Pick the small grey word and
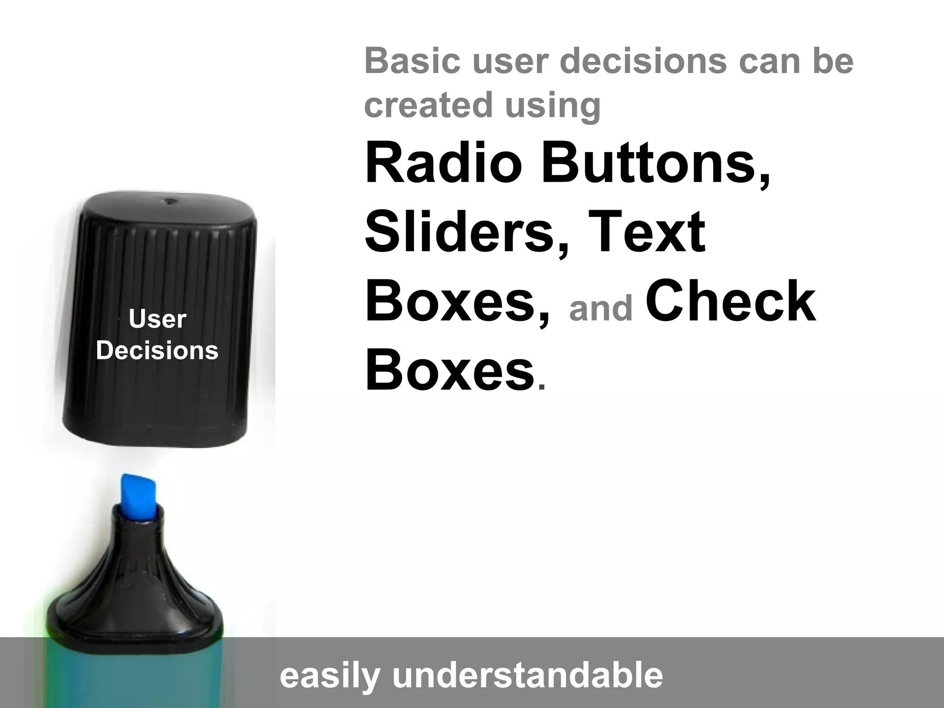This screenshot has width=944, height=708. point(601,308)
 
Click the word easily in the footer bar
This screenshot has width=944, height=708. point(330,676)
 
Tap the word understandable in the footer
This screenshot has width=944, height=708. point(527,676)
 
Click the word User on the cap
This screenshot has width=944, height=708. point(157,319)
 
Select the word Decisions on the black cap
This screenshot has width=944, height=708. point(157,351)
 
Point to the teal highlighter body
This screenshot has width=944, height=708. point(134,678)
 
